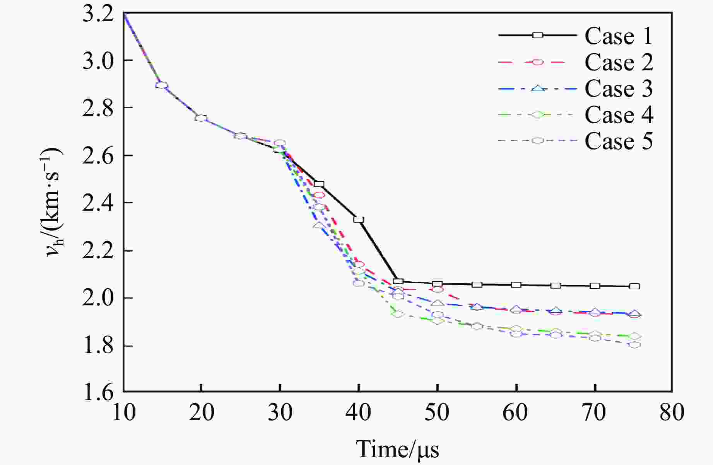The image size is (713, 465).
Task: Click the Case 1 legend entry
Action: [x=618, y=36]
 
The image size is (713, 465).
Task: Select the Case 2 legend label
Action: [x=619, y=62]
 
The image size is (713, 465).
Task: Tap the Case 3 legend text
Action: [x=619, y=89]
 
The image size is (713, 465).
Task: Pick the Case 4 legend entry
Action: [x=619, y=115]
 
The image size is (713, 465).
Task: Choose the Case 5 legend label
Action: [x=619, y=141]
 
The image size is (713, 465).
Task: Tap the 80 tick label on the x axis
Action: [x=672, y=412]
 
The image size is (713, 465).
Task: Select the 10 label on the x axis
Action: [x=124, y=412]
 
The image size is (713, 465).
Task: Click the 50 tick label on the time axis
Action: [x=437, y=412]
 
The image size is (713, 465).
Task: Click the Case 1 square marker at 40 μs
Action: [x=359, y=220]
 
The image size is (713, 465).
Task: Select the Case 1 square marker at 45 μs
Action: [x=398, y=281]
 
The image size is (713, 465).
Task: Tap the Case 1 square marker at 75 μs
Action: [x=634, y=286]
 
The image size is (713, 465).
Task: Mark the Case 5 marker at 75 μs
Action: [x=634, y=345]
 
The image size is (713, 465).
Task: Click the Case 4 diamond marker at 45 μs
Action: [x=398, y=314]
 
